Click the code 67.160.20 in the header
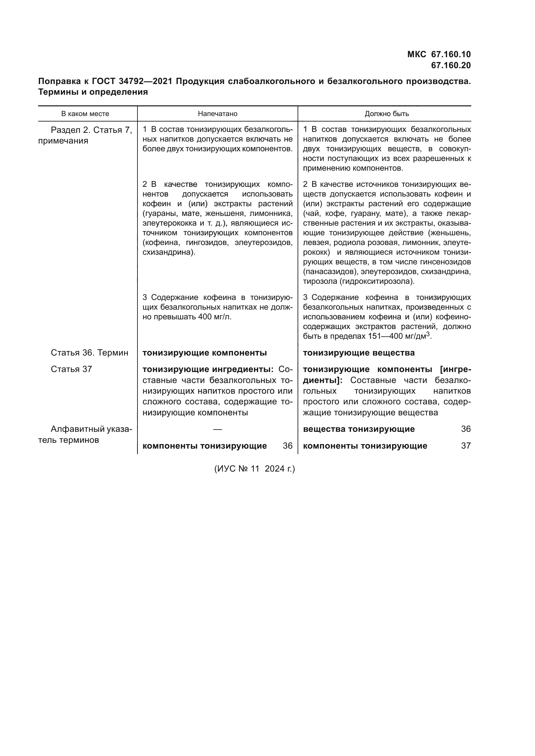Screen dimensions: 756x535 click(451, 66)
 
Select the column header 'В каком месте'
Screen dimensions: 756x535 click(85, 114)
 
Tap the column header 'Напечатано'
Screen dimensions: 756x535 click(217, 114)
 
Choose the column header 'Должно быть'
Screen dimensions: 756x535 click(387, 114)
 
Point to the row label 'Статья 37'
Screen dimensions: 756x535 click(71, 369)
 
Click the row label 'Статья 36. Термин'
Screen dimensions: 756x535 click(89, 353)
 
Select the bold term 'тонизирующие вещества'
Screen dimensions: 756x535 click(358, 353)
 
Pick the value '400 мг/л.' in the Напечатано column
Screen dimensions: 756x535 click(215, 317)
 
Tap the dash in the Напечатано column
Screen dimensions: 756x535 click(217, 429)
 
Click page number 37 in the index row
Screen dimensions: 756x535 click(465, 446)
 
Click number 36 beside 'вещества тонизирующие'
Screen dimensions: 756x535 click(465, 429)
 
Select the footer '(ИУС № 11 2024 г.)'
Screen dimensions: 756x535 click(254, 469)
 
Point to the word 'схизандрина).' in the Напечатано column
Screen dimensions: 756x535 click(169, 252)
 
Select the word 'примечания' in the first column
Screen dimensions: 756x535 click(63, 141)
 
